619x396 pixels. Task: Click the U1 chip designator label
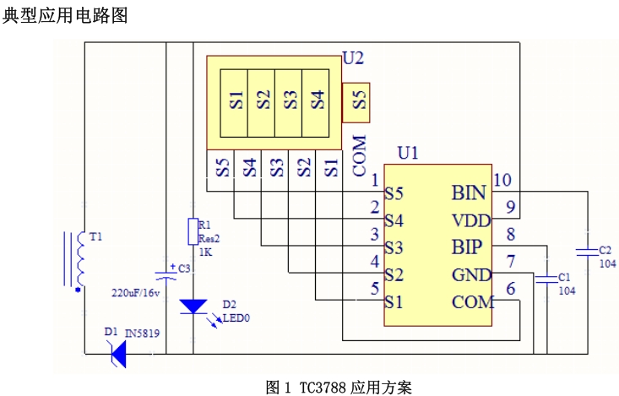(408, 153)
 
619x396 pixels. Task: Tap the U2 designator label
(353, 58)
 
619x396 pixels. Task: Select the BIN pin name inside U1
(469, 193)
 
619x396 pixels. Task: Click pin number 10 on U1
(502, 180)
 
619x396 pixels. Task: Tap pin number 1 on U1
(374, 180)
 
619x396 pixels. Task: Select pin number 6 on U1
(509, 288)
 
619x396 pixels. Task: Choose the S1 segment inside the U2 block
(235, 100)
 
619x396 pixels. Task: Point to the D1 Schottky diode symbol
(118, 354)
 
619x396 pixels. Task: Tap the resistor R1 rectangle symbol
(192, 231)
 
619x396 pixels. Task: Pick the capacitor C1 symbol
(546, 277)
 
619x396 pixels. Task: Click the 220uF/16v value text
(135, 293)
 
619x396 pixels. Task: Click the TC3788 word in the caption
(322, 388)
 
